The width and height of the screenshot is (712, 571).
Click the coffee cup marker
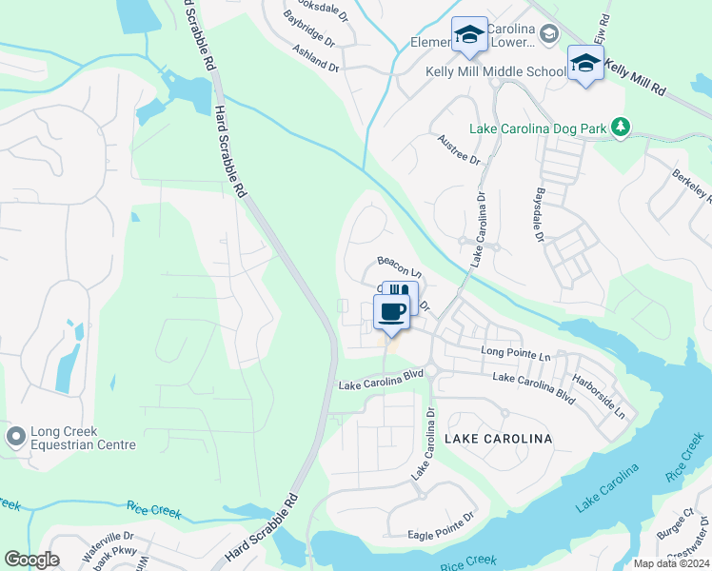[391, 310]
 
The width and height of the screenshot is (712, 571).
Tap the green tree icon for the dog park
[621, 127]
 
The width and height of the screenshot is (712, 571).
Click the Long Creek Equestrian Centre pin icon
[15, 436]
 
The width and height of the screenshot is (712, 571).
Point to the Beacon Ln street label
[399, 265]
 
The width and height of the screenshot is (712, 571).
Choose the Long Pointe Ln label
[516, 354]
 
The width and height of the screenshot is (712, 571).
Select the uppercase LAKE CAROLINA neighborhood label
[498, 439]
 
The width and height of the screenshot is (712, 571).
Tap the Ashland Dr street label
[315, 59]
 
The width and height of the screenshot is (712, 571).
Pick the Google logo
[31, 560]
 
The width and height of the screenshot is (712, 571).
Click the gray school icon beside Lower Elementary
[549, 35]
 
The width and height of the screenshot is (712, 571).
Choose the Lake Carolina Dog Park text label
[539, 128]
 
